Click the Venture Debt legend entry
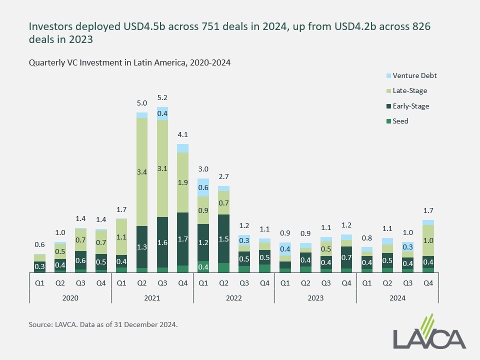click(x=415, y=76)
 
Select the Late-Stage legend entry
click(x=410, y=91)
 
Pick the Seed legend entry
click(x=400, y=121)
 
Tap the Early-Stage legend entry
click(x=411, y=106)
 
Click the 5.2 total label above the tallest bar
click(x=162, y=97)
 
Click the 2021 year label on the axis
click(x=152, y=298)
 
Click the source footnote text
click(x=103, y=324)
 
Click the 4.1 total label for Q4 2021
click(x=182, y=134)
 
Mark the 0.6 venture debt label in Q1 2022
click(x=203, y=187)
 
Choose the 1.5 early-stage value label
click(x=223, y=239)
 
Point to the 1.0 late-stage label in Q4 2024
click(x=428, y=240)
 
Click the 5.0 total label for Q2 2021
click(x=142, y=103)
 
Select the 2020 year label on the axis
click(x=70, y=298)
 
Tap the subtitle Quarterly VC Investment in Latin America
click(x=129, y=63)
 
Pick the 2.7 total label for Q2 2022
click(x=223, y=176)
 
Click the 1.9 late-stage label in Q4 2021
click(x=182, y=182)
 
